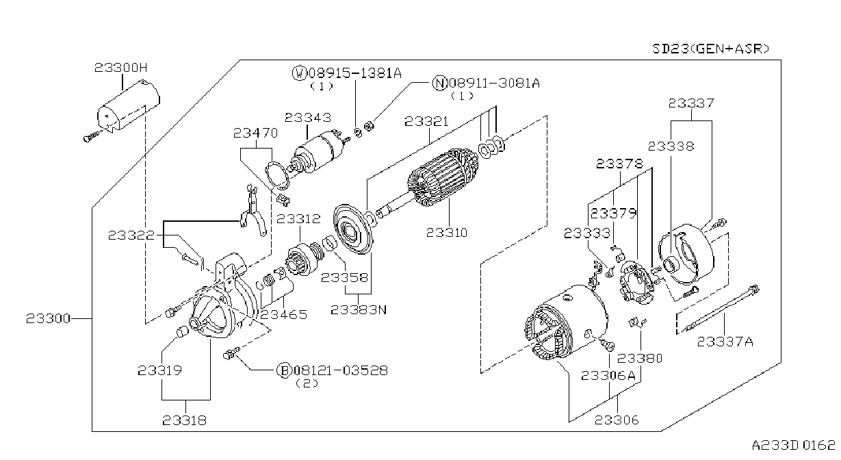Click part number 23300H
pyautogui.click(x=120, y=68)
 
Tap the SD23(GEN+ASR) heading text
pyautogui.click(x=711, y=49)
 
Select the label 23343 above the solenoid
pyautogui.click(x=308, y=118)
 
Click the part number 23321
pyautogui.click(x=426, y=121)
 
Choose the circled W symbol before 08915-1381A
pyautogui.click(x=299, y=73)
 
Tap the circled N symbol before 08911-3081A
pyautogui.click(x=439, y=83)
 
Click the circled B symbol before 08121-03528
pyautogui.click(x=284, y=370)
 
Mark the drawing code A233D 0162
pyautogui.click(x=793, y=446)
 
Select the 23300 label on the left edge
pyautogui.click(x=48, y=318)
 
